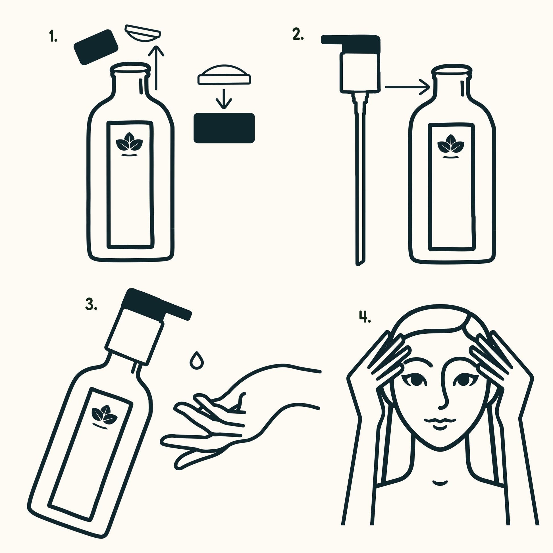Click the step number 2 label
[298, 34]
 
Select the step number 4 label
[365, 317]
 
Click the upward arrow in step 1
[156, 68]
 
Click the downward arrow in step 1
[224, 99]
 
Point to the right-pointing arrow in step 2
[407, 87]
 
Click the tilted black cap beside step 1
[96, 47]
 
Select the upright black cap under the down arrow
[224, 128]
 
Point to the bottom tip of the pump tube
[358, 265]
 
